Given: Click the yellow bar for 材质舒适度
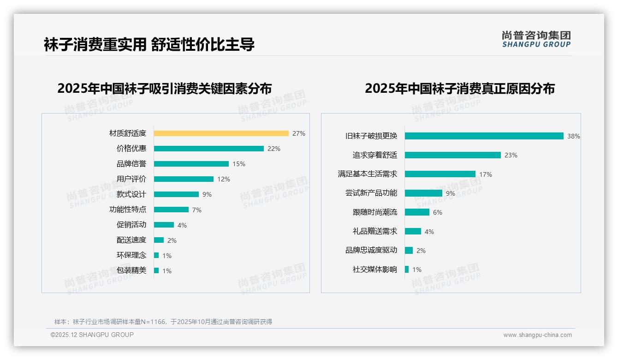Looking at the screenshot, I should [x=221, y=133].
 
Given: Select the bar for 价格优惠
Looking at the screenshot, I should [x=208, y=149].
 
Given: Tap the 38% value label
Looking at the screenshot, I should [x=573, y=136].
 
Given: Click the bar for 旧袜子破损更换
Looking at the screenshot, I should [x=484, y=136].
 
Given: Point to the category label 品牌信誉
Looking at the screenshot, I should [x=131, y=164].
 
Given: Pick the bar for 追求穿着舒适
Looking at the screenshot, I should [x=452, y=155].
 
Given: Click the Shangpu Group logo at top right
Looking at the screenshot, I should [x=536, y=39].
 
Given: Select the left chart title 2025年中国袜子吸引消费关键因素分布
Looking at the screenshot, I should [x=165, y=88].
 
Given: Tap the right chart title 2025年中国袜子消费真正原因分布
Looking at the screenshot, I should [x=459, y=88].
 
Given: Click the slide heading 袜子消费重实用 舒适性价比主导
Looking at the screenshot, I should [x=149, y=44].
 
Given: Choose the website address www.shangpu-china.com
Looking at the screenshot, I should [x=537, y=335].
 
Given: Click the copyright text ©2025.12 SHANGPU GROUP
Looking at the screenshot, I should [x=92, y=335].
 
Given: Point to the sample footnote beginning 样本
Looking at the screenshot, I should [x=163, y=322].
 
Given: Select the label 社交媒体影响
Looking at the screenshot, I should [x=374, y=270].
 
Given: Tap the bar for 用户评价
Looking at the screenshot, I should [x=184, y=179].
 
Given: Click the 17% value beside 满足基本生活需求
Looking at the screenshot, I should [x=485, y=174].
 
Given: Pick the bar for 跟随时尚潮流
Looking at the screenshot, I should [x=417, y=212].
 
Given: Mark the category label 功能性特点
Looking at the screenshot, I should [x=127, y=210].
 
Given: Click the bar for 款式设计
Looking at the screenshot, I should [x=176, y=194].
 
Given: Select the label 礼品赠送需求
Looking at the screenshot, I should [x=374, y=231].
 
